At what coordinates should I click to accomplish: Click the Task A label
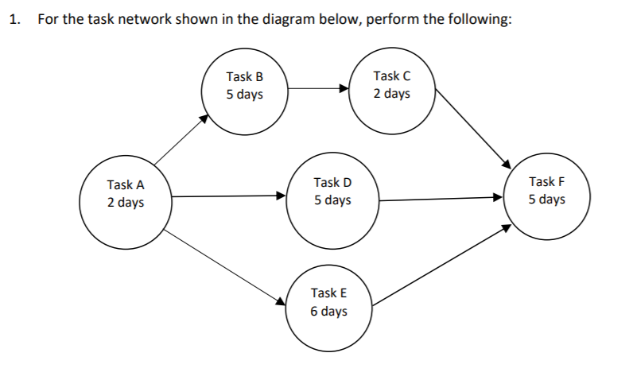pos(126,184)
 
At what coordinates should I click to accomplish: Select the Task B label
pos(244,77)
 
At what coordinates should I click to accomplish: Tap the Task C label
pos(392,76)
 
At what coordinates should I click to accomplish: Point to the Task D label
pos(332,183)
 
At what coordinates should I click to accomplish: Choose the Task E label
pos(328,293)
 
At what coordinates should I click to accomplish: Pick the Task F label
pos(546,182)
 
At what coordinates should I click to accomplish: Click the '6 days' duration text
pos(328,311)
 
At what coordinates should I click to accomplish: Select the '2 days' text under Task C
pos(392,94)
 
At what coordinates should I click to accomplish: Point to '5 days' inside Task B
pos(244,95)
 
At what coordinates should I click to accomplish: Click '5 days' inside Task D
pos(332,200)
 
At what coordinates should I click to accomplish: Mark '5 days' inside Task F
pos(546,199)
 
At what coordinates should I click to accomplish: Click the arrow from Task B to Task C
pos(318,89)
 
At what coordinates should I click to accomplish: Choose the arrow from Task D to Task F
pos(441,199)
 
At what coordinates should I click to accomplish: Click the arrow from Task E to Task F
pos(442,265)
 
